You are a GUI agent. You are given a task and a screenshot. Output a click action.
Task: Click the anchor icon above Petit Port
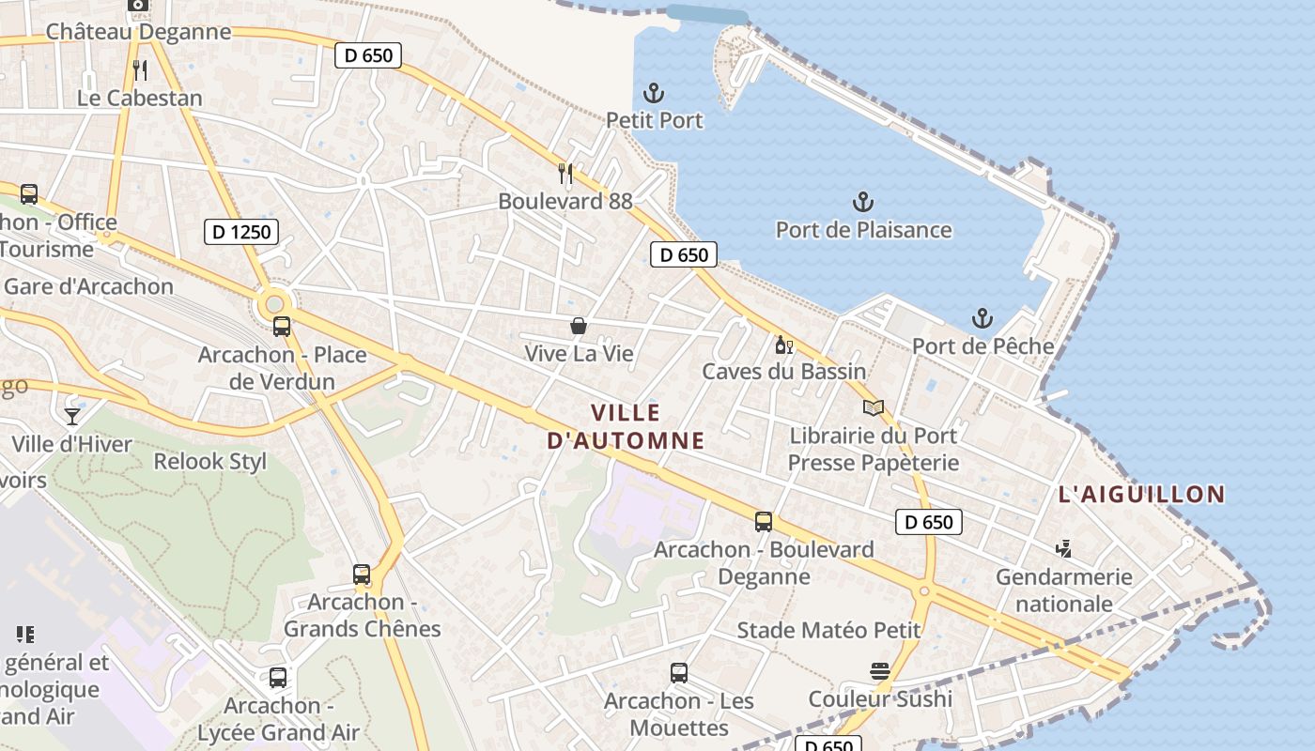[653, 93]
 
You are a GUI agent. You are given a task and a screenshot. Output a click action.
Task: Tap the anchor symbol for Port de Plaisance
[862, 202]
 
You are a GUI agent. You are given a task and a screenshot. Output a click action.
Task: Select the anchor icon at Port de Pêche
[982, 318]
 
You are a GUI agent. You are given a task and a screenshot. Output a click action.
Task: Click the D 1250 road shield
[241, 231]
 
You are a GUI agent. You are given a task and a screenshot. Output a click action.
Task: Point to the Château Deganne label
[138, 31]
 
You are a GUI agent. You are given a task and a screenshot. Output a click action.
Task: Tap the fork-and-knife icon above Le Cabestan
[140, 69]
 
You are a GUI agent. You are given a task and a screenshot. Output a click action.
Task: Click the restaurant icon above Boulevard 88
[565, 173]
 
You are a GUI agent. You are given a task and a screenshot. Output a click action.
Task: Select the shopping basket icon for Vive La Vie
[579, 326]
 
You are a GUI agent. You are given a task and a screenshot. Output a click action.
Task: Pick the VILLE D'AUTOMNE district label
[626, 426]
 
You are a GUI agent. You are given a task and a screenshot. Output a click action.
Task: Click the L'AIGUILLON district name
[1141, 494]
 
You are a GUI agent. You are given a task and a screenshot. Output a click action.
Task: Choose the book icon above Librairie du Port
[874, 407]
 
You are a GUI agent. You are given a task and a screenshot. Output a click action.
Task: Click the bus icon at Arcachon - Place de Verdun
[281, 327]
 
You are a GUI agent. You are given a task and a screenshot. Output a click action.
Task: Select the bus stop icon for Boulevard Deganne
[764, 522]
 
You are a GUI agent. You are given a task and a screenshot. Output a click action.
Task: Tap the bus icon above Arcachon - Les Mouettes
[679, 673]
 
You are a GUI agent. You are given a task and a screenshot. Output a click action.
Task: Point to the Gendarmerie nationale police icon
[1063, 548]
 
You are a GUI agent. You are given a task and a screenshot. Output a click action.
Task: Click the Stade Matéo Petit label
[828, 630]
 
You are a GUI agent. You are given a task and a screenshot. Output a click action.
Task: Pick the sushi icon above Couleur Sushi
[880, 671]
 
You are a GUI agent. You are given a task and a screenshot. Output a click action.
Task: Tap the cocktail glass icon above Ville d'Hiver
[72, 416]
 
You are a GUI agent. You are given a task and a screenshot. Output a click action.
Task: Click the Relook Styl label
[209, 461]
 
